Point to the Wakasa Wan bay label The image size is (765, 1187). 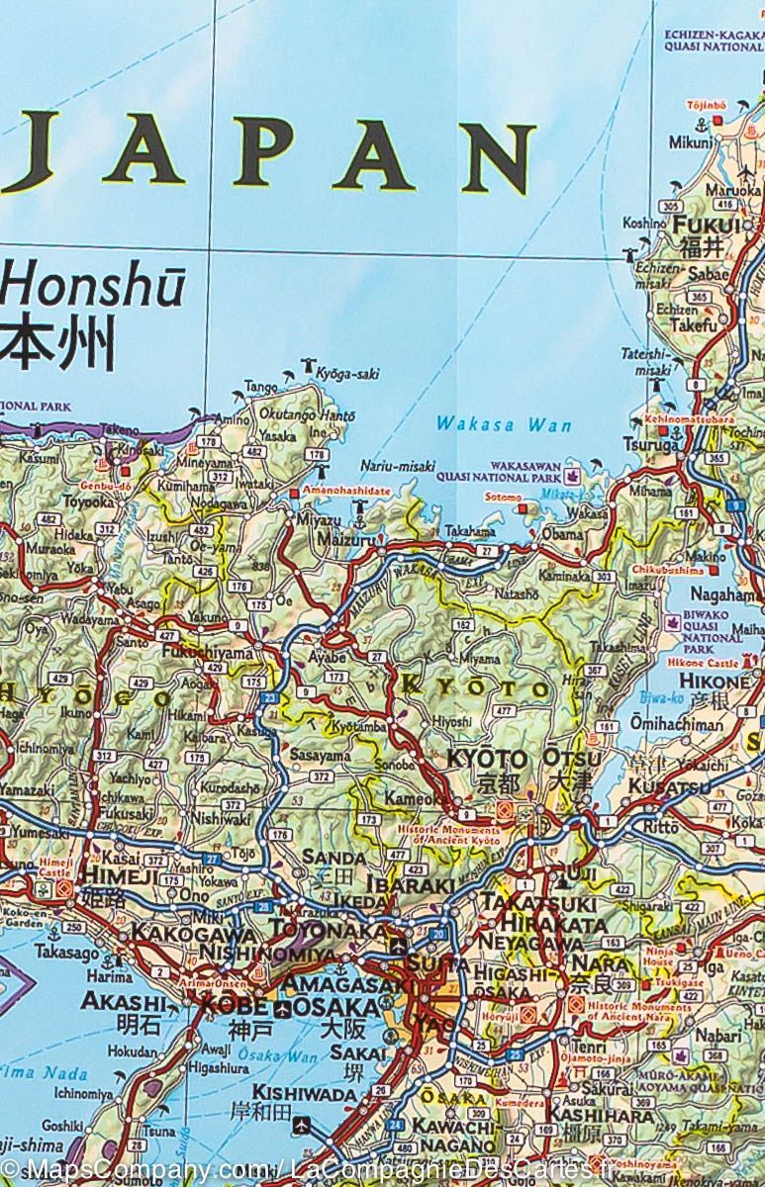click(504, 425)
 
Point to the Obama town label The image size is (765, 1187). click(562, 534)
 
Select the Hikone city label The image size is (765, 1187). click(715, 682)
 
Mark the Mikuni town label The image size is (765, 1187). click(690, 141)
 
